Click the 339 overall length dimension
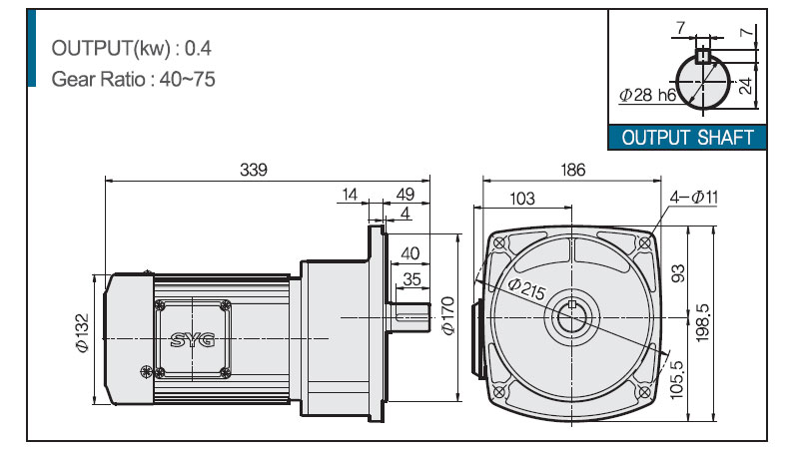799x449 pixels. coord(254,170)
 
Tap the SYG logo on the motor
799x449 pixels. coord(193,339)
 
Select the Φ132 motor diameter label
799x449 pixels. coord(82,333)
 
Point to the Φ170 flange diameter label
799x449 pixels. coord(447,315)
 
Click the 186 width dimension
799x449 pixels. coord(572,170)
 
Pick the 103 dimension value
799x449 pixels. coord(521,198)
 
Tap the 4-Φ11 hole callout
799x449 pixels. coord(693,197)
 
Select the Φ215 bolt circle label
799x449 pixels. coord(527,288)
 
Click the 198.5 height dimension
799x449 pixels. coord(703,322)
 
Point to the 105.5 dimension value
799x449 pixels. coord(676,380)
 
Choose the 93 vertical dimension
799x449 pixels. coord(678,273)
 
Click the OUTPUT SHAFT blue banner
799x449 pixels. coord(687,138)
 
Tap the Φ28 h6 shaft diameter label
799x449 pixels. coord(647,95)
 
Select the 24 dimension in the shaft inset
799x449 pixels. coord(744,86)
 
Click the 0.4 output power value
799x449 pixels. coord(198,48)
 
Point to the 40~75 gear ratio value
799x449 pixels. coord(187,80)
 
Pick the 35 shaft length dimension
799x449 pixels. coord(411,279)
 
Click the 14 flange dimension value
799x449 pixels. coord(350,195)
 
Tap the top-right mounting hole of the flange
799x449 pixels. coord(644,243)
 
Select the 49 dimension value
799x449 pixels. coord(405,195)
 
